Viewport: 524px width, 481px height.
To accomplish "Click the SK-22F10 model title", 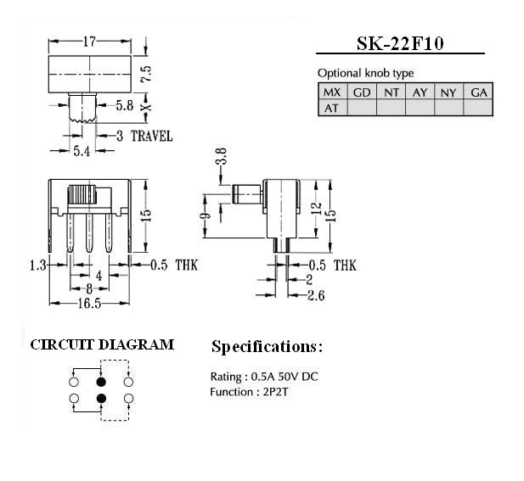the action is pyautogui.click(x=400, y=43).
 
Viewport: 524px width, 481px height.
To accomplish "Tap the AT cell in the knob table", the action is pyautogui.click(x=333, y=108).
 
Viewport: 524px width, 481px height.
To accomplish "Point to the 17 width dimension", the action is pyautogui.click(x=89, y=42).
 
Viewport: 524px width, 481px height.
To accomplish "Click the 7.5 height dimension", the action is pyautogui.click(x=146, y=74).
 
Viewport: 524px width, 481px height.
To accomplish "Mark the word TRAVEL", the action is pyautogui.click(x=152, y=137).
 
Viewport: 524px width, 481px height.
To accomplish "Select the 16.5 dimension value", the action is pyautogui.click(x=89, y=304).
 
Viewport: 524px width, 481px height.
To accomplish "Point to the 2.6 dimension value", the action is pyautogui.click(x=316, y=295).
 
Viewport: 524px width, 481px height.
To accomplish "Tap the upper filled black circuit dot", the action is pyautogui.click(x=101, y=382).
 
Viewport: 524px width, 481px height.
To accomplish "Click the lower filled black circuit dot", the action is pyautogui.click(x=101, y=398).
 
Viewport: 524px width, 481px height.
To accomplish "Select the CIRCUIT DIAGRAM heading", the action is pyautogui.click(x=102, y=344).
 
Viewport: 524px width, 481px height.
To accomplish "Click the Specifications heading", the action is pyautogui.click(x=268, y=347).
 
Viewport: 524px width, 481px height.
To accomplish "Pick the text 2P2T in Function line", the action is pyautogui.click(x=275, y=392).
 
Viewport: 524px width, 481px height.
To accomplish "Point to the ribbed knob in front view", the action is pyautogui.click(x=82, y=194).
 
